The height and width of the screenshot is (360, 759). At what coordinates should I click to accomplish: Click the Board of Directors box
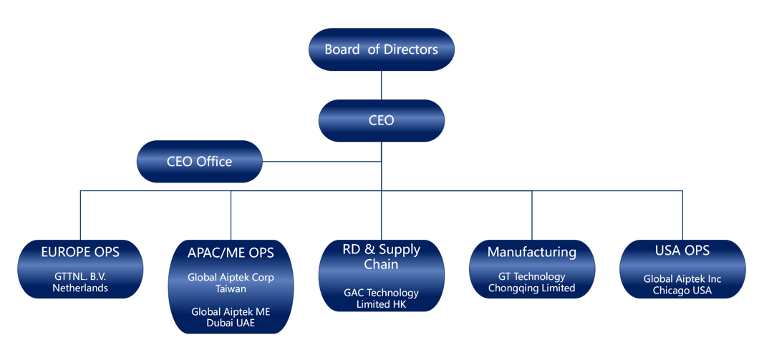pos(381,49)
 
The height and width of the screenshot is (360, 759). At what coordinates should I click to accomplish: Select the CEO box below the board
pos(381,120)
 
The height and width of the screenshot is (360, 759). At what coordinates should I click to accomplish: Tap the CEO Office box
pos(199,162)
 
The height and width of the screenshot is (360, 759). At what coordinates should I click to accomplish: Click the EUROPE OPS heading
pos(80,252)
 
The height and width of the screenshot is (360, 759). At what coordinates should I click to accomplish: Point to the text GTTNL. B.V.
pos(80,276)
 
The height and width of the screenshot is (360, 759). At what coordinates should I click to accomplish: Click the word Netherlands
pos(80,288)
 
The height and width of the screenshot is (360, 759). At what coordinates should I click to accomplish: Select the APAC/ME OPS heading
pos(231,253)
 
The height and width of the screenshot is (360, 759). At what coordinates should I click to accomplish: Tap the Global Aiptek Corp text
pos(231,277)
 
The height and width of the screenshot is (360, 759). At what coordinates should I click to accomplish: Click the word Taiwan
pos(231,288)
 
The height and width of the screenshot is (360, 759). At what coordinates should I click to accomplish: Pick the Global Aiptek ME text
pos(231,311)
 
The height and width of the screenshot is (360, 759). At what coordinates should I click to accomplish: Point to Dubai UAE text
pos(231,323)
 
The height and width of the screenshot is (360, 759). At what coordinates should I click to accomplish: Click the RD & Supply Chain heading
pos(381,256)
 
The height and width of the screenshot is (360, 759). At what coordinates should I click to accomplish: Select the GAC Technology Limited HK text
pos(381,298)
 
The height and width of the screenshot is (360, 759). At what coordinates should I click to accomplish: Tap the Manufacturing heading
pos(531,252)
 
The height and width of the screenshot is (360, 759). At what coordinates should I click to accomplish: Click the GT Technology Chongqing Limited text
pos(531,282)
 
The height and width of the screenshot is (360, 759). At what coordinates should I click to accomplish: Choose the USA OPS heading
pos(682,250)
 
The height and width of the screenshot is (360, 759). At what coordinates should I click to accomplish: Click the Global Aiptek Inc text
pos(682,279)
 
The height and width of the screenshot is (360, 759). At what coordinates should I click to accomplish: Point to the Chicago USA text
pos(682,291)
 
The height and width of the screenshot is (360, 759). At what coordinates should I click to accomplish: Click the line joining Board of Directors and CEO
pos(381,85)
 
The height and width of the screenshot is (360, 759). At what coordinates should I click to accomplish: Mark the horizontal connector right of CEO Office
pos(322,162)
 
